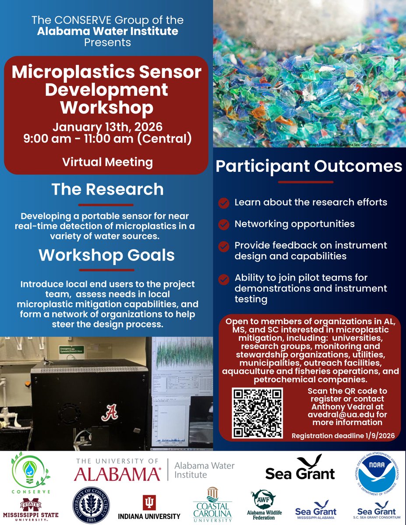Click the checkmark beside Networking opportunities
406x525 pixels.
pyautogui.click(x=224, y=224)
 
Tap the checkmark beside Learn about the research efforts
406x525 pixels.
pyautogui.click(x=224, y=203)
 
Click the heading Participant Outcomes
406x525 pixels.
pyautogui.click(x=309, y=167)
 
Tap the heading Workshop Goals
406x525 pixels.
pyautogui.click(x=106, y=255)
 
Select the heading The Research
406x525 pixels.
pyautogui.click(x=107, y=189)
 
